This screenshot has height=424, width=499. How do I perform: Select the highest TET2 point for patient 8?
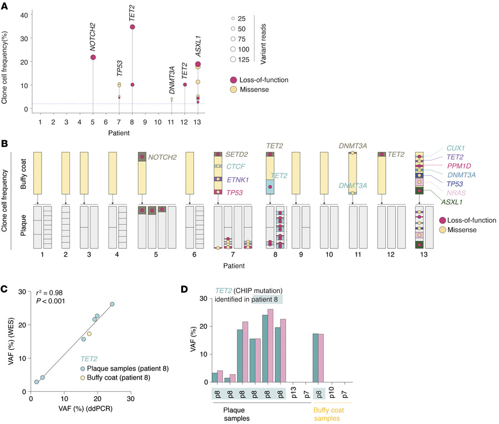point(133,27)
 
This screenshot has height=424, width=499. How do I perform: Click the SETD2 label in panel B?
point(235,154)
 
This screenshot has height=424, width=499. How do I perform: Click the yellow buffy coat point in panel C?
point(89,334)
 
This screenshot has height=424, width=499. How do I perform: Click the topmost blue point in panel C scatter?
point(112,304)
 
